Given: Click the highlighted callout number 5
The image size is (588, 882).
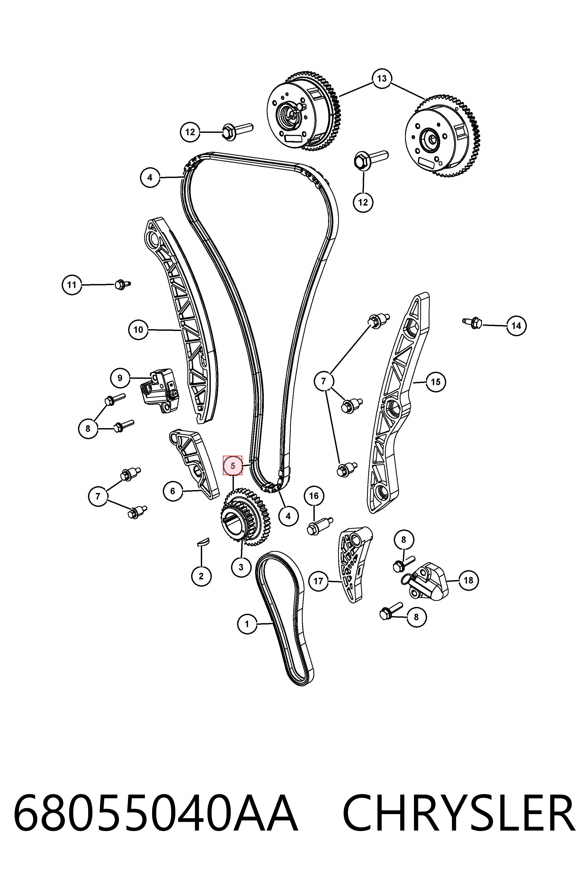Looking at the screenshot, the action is [233, 466].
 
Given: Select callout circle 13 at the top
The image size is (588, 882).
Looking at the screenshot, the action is [382, 78].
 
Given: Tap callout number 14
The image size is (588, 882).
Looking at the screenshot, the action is [516, 325].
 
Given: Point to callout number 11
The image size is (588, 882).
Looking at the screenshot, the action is [72, 285].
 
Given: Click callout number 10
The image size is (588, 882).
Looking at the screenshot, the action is [138, 330].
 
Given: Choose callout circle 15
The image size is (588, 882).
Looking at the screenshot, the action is [435, 382].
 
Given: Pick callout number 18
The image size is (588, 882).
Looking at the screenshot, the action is [468, 580].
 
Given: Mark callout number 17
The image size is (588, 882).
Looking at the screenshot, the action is [318, 581].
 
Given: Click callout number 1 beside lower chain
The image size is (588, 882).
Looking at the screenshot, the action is [247, 624].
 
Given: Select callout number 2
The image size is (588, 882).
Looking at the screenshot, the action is [201, 576].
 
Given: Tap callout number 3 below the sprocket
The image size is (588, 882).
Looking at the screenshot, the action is [241, 567].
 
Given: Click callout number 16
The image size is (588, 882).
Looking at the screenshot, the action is [314, 496].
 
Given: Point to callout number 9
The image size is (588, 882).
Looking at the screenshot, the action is [120, 378].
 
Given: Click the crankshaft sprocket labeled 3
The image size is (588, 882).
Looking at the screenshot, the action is [246, 517].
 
